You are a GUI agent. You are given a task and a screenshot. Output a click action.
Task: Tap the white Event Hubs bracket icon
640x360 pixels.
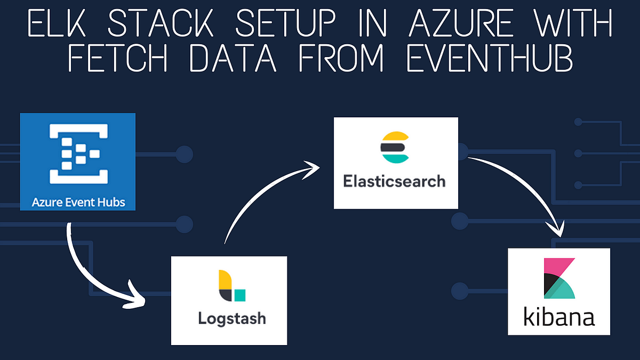(78, 154)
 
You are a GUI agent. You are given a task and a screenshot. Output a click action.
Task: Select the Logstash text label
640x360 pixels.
(231, 319)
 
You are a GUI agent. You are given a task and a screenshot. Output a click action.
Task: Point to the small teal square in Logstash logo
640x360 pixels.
(240, 294)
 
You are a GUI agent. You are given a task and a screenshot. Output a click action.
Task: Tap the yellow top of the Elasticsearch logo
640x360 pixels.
(394, 137)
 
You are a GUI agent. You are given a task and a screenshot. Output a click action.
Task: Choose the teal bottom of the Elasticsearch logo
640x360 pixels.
(394, 157)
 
